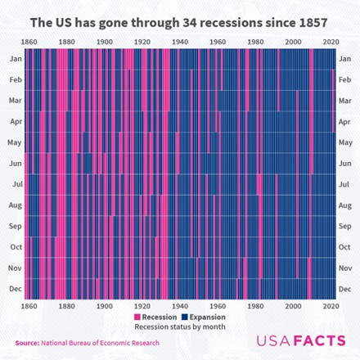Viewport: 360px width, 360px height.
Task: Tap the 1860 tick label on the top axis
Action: [29, 41]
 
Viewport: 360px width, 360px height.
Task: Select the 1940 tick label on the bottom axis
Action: [180, 306]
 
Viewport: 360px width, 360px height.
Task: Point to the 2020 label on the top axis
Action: [331, 41]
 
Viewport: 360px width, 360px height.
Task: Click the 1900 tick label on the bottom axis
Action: [105, 306]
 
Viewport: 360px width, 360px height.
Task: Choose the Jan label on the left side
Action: [15, 59]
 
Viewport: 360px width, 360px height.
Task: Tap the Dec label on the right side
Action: [344, 288]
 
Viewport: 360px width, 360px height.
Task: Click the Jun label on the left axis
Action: [15, 164]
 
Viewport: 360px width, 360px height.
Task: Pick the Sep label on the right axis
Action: [344, 226]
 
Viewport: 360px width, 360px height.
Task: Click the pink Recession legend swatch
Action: [137, 317]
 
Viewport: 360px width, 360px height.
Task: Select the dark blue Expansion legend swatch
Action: [184, 317]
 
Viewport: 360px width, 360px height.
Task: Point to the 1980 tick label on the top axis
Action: [255, 41]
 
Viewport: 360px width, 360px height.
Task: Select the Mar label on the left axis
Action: [15, 101]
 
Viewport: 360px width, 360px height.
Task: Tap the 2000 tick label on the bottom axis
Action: [293, 306]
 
